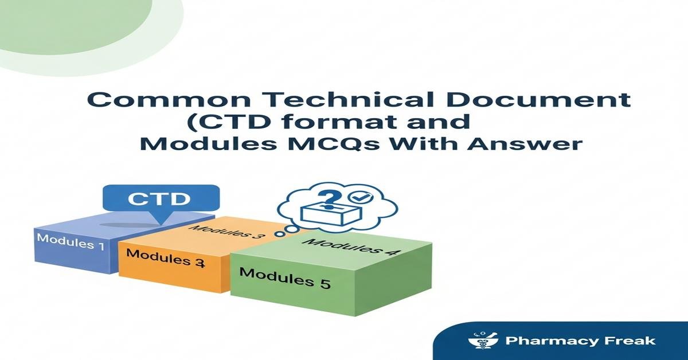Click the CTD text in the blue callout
point(158,199)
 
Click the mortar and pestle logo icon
point(480,341)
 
